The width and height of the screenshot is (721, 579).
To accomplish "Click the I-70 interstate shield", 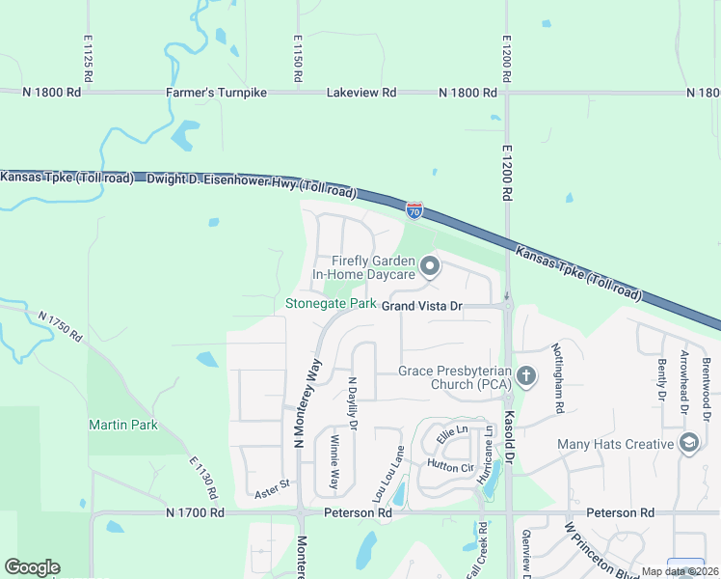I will click(x=414, y=209).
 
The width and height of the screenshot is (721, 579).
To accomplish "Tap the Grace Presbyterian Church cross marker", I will click(x=525, y=374).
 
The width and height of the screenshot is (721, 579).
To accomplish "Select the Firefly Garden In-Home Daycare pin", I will click(x=430, y=263).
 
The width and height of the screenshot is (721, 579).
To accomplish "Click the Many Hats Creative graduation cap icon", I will click(x=688, y=444).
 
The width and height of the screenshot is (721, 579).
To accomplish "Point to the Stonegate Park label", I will click(x=331, y=304).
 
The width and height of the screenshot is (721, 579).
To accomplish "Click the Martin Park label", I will click(x=123, y=425).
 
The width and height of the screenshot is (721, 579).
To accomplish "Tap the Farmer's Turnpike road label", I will click(x=216, y=93).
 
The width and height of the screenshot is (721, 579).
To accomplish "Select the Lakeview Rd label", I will click(x=361, y=93).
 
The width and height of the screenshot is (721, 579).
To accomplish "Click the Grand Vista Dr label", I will click(x=423, y=305).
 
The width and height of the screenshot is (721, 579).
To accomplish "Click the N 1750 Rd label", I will click(x=62, y=330).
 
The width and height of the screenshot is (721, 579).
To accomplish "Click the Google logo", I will click(x=33, y=566).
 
